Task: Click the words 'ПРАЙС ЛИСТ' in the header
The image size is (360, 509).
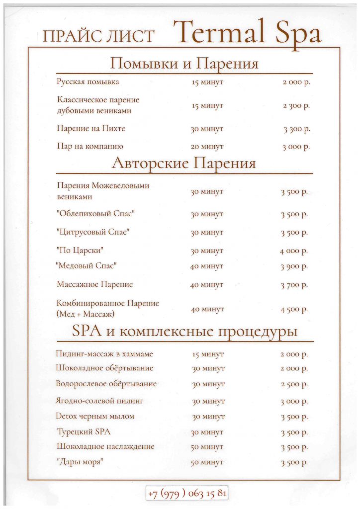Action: coord(99,36)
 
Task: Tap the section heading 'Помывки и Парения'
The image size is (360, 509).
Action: coord(184,64)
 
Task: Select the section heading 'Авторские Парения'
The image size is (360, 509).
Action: coord(184,164)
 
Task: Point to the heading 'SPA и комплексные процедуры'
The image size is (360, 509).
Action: coord(185,331)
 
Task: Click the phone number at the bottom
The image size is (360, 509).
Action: coord(187,494)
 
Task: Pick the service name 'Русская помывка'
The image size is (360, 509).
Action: coord(88,82)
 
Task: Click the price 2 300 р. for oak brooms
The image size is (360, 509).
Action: coord(296,106)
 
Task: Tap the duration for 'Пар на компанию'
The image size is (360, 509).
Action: coord(207,147)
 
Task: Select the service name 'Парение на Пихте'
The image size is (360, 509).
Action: coord(91,129)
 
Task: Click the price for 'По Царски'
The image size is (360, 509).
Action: coord(294,251)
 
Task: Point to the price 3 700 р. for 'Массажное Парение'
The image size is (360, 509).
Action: coord(294,285)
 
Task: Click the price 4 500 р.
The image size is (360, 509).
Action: coord(294,309)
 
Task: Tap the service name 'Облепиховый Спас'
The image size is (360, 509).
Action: coord(96,214)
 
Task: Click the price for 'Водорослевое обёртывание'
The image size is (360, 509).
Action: coord(294,384)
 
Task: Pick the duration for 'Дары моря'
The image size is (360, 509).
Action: coord(207,462)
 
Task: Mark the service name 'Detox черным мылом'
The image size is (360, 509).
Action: coord(95,416)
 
